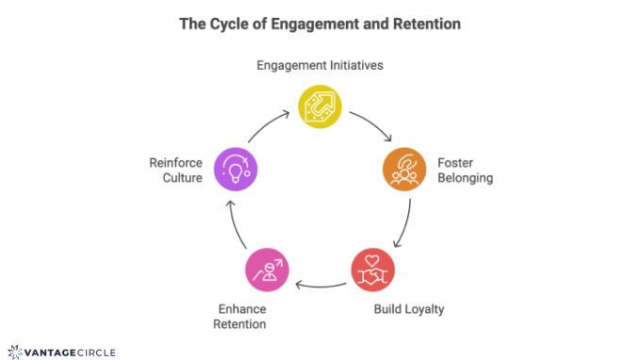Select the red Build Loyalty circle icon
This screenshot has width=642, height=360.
click(x=372, y=270)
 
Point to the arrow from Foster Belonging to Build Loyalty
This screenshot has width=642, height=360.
click(x=402, y=224)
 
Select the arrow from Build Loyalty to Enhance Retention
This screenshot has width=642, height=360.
click(x=321, y=285)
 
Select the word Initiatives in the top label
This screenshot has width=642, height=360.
click(x=354, y=65)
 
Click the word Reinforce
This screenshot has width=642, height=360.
click(x=176, y=162)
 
